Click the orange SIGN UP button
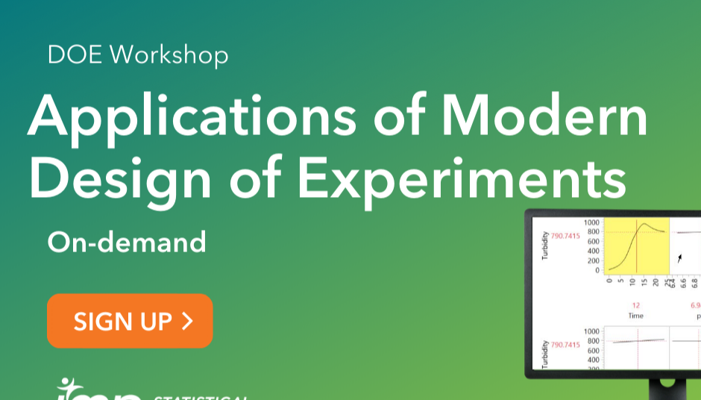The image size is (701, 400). point(130,321)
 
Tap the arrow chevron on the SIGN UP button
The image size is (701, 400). point(187,321)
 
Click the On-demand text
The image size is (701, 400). point(126,242)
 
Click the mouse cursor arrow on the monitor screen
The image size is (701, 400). point(679,258)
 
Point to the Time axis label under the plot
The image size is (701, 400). point(635,316)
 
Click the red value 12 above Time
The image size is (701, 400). point(635,305)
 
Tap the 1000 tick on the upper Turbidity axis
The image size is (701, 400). point(591,222)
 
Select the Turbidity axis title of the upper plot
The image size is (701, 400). point(545,246)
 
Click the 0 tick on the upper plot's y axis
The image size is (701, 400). point(596,270)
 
